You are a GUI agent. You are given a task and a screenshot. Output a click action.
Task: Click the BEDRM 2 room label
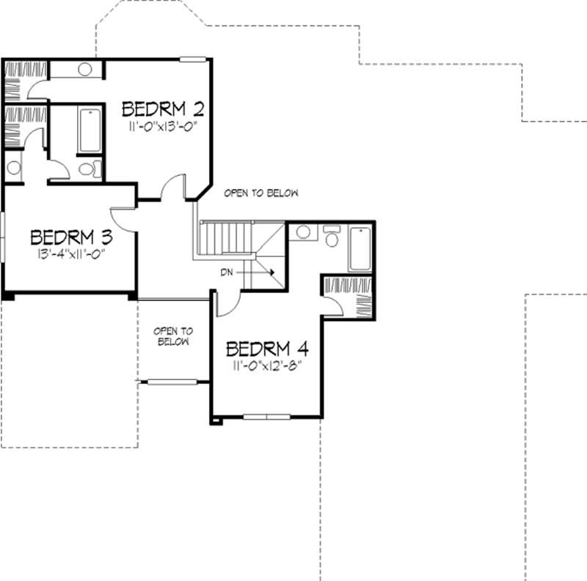(x=162, y=109)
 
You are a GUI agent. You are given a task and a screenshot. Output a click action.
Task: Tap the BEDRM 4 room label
(x=266, y=347)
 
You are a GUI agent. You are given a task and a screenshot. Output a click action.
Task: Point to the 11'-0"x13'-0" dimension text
(x=162, y=126)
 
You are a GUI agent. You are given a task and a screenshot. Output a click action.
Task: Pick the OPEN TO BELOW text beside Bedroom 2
(x=261, y=193)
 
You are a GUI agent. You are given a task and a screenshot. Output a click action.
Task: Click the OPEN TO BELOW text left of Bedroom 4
(x=172, y=336)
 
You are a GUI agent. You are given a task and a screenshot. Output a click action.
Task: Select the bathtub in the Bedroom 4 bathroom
(x=361, y=249)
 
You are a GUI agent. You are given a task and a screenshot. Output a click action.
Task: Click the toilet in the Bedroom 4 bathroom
(x=331, y=237)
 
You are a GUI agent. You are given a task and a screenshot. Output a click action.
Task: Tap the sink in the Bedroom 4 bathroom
(x=302, y=233)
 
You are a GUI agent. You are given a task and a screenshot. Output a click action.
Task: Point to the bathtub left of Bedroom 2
(x=90, y=130)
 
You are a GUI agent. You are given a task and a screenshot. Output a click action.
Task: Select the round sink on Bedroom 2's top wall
(x=84, y=70)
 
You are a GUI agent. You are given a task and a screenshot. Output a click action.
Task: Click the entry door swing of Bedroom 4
(x=228, y=303)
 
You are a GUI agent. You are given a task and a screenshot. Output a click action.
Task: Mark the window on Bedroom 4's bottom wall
(x=267, y=417)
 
